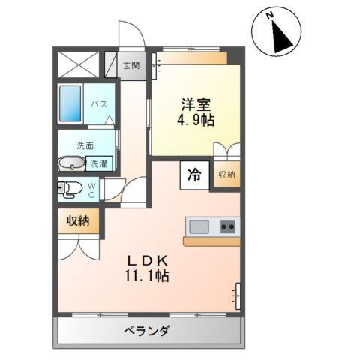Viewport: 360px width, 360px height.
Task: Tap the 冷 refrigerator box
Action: (193, 175)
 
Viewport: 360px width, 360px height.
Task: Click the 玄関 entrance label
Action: (130, 65)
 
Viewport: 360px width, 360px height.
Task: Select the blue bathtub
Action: (71, 104)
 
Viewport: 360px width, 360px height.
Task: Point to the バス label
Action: (98, 105)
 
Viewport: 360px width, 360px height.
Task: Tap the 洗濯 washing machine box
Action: (98, 163)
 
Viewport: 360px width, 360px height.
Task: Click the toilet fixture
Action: (68, 190)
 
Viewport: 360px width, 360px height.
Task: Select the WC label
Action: (91, 190)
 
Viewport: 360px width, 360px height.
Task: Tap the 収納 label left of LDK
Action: (78, 220)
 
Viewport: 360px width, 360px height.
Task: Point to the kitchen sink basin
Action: (199, 226)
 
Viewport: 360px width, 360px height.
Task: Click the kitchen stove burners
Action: (227, 226)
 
